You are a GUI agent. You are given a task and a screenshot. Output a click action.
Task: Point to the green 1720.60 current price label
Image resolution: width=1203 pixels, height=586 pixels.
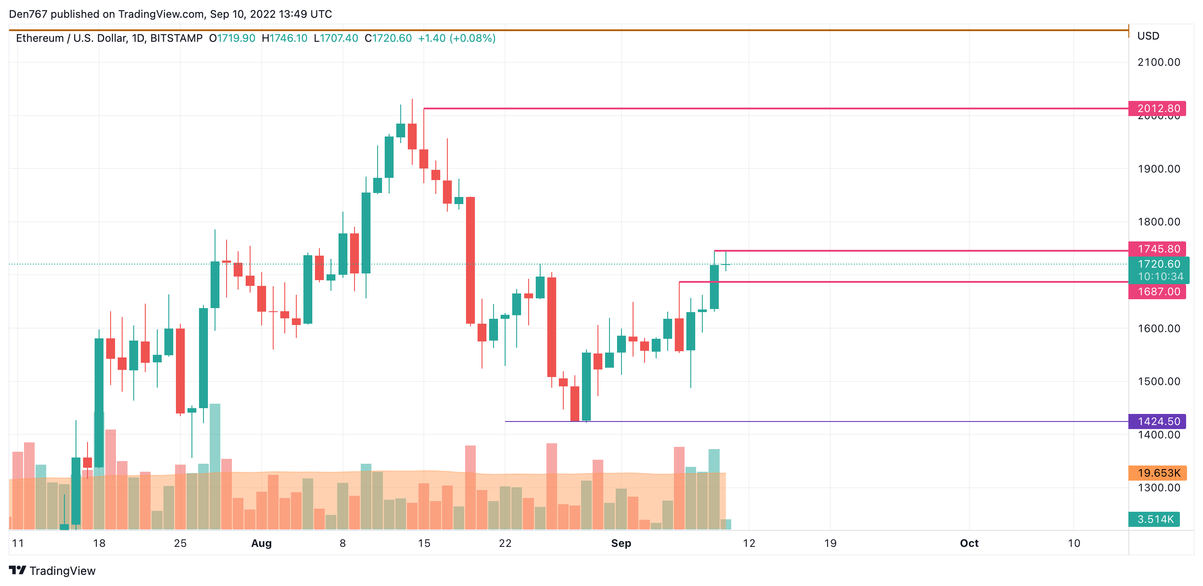point(1158,264)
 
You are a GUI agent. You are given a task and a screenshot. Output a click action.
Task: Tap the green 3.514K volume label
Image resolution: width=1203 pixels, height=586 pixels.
point(1155,519)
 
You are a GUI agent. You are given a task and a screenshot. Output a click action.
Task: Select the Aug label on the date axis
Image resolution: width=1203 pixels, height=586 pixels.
point(261,543)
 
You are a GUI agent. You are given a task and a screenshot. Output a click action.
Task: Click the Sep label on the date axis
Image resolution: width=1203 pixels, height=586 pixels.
point(621,543)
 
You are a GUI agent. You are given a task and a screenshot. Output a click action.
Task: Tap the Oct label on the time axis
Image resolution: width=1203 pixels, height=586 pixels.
point(968,543)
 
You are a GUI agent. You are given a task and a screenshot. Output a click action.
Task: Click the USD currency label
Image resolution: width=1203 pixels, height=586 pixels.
point(1148,36)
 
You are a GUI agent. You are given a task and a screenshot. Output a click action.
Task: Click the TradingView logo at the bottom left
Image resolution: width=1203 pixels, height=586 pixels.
point(52,570)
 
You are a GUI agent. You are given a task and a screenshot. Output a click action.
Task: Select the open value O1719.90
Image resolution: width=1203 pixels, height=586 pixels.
point(232,38)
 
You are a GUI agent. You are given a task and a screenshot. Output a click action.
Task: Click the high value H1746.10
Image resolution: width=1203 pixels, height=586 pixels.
point(284,38)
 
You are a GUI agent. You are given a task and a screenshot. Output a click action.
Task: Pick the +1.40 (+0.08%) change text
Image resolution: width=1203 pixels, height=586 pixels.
point(456,38)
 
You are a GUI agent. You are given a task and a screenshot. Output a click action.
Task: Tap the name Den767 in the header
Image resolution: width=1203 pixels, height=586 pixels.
point(28,14)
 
